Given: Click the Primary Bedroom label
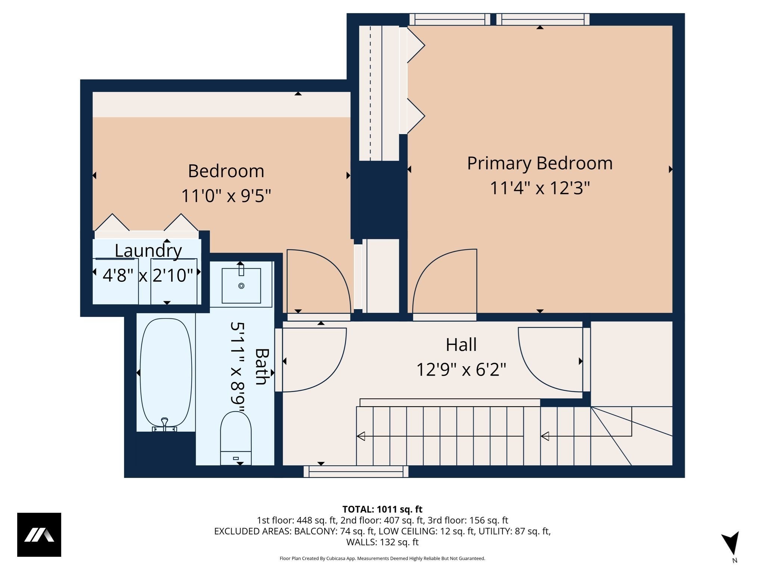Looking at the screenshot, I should coord(539,163).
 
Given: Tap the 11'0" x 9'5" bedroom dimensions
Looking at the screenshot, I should coord(226,195).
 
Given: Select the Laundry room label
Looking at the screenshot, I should coord(148,250).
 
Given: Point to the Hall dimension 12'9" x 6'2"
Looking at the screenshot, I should coord(461,370).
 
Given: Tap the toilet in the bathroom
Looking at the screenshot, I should coord(236,437).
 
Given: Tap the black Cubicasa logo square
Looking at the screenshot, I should coord(39,535).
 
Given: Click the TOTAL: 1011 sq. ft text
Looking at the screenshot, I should coord(382,509).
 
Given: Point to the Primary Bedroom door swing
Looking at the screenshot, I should coord(445,280).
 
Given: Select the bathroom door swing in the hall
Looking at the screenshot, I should coord(314,359).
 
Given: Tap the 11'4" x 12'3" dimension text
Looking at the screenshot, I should coord(539,188).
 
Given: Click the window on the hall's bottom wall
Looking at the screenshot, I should coord(356,472).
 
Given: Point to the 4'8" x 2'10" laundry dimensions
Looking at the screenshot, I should coord(148,276).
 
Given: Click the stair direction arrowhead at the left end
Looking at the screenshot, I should coord(361,436).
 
